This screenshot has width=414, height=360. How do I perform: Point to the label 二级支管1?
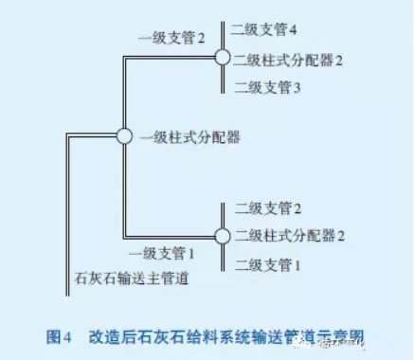click(x=264, y=266)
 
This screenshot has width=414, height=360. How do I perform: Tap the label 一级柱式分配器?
click(x=190, y=137)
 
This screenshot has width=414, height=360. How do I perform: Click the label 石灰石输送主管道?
click(x=131, y=279)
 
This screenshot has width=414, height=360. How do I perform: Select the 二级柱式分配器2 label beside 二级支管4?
click(x=288, y=59)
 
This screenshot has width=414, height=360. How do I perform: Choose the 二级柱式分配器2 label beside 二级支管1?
click(x=288, y=236)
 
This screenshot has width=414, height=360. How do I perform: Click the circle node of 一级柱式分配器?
click(x=123, y=136)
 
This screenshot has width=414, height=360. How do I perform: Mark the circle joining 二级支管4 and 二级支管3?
click(x=222, y=58)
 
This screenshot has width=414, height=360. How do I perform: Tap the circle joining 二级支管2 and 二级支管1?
click(x=222, y=236)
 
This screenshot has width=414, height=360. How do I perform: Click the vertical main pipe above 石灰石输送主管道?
click(x=69, y=208)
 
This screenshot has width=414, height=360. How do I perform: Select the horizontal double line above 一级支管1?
click(x=171, y=236)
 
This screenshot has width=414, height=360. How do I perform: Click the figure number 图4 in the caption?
click(x=60, y=335)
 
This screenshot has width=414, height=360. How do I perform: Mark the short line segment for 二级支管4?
click(x=222, y=34)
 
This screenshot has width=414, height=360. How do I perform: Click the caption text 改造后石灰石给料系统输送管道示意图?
click(x=227, y=335)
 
